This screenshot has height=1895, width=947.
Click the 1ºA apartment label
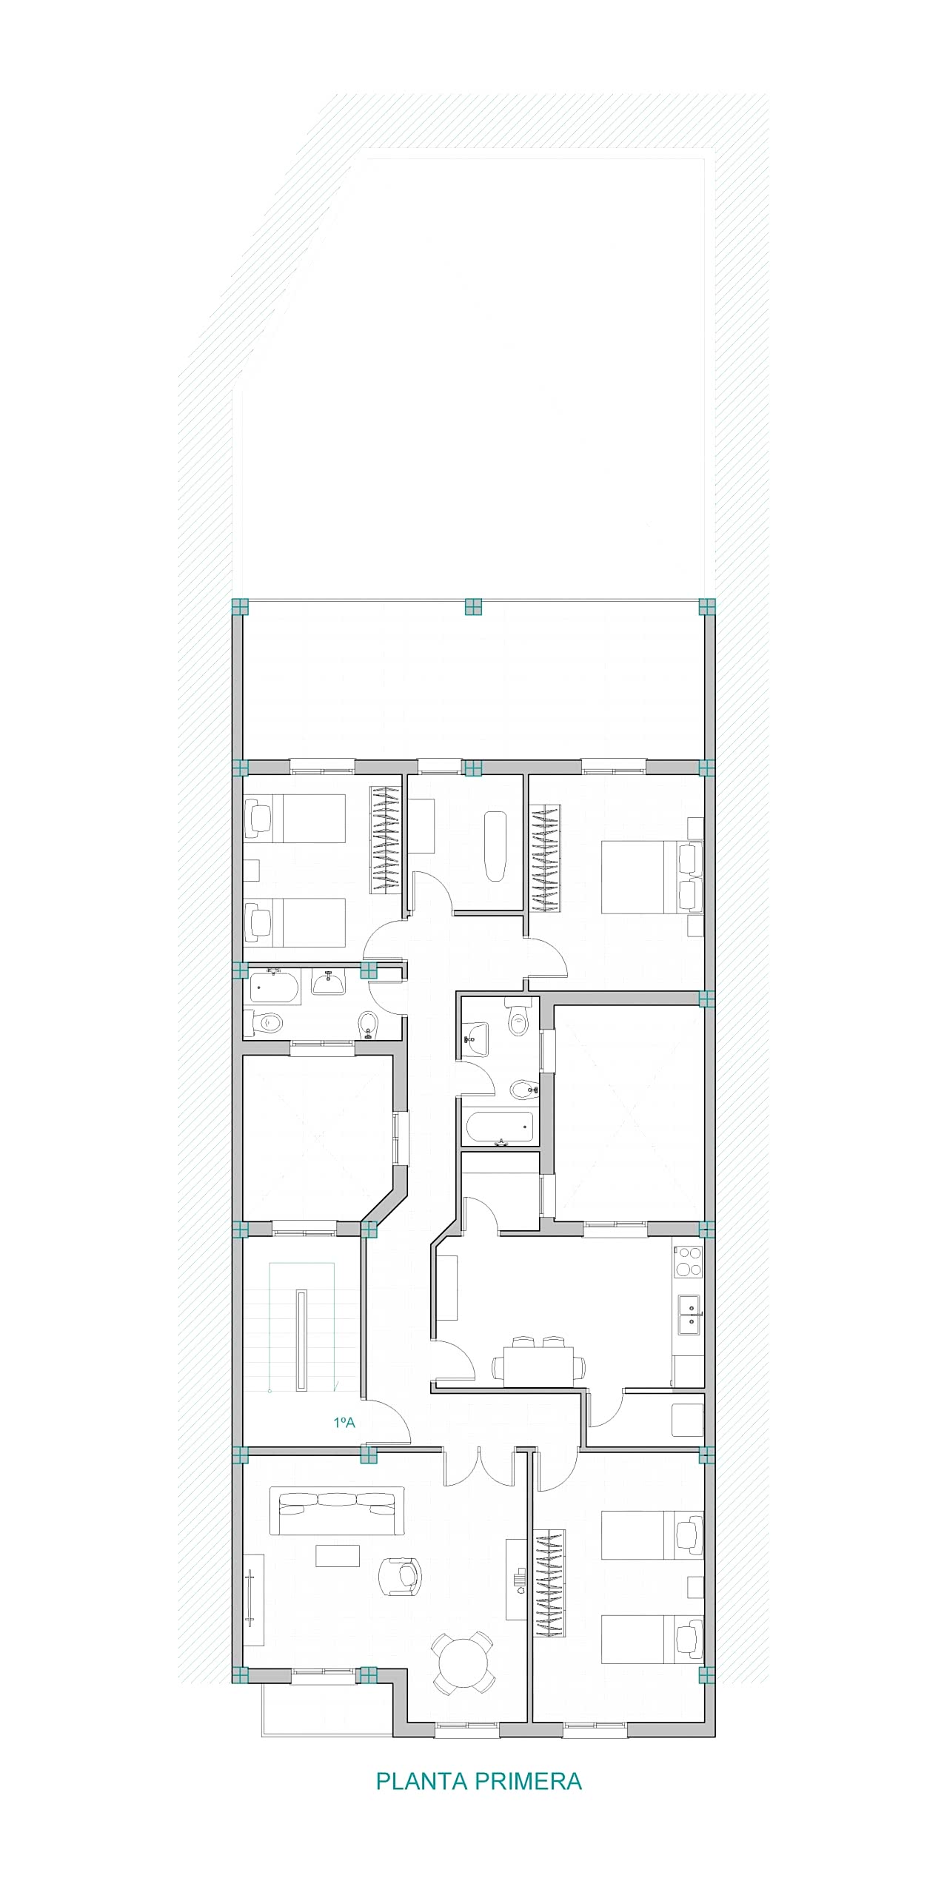click(344, 1422)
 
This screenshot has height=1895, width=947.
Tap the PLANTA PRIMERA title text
click(479, 1781)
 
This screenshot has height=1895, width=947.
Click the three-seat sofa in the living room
click(337, 1510)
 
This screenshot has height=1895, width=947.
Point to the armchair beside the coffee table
click(400, 1575)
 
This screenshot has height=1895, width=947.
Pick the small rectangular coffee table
click(338, 1555)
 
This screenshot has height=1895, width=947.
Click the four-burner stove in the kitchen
click(688, 1262)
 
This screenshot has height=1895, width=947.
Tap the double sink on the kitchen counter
click(688, 1315)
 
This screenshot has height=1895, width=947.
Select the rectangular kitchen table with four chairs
click(538, 1361)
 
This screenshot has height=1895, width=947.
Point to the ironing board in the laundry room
click(495, 846)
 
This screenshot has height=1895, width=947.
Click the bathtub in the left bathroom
click(274, 987)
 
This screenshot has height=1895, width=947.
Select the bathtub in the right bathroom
click(500, 1128)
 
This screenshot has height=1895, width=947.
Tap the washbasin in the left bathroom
click(328, 982)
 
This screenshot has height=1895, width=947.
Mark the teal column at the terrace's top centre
click(473, 607)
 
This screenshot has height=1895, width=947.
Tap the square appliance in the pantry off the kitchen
click(686, 1421)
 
